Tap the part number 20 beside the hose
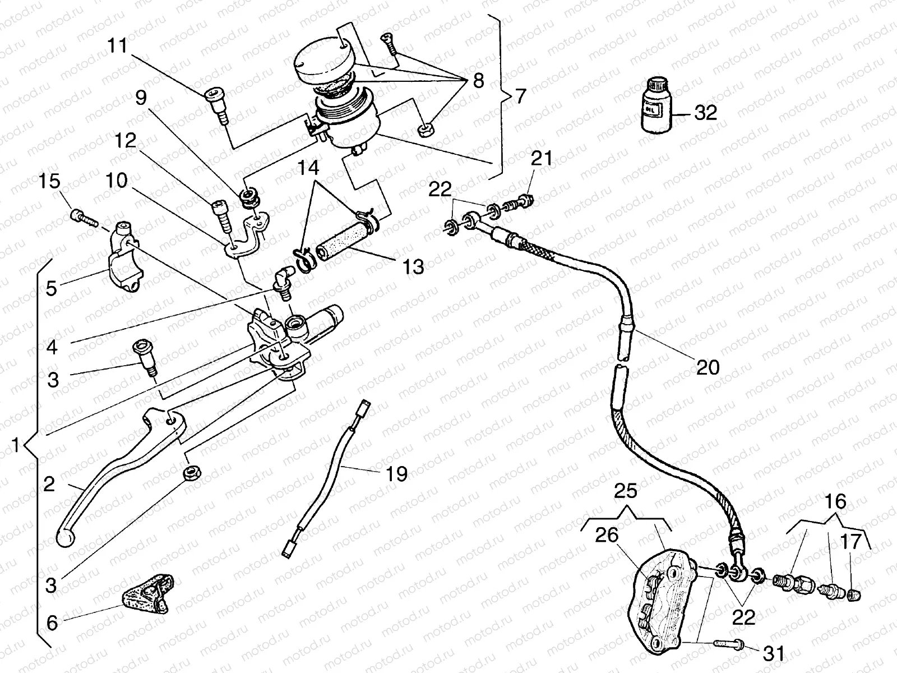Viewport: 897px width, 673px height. click(707, 368)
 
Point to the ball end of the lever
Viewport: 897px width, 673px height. click(66, 537)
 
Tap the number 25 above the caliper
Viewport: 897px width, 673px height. click(626, 491)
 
